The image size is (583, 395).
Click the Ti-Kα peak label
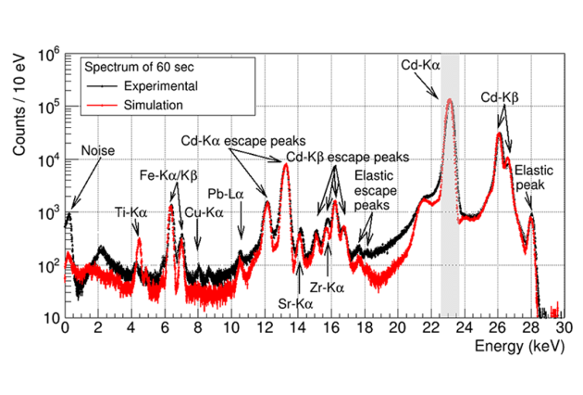coord(130,212)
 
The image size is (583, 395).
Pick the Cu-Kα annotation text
coord(205,212)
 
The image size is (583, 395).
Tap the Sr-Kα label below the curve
coord(296,301)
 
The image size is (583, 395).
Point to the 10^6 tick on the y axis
coord(46,53)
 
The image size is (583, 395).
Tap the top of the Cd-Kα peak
coord(450,99)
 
